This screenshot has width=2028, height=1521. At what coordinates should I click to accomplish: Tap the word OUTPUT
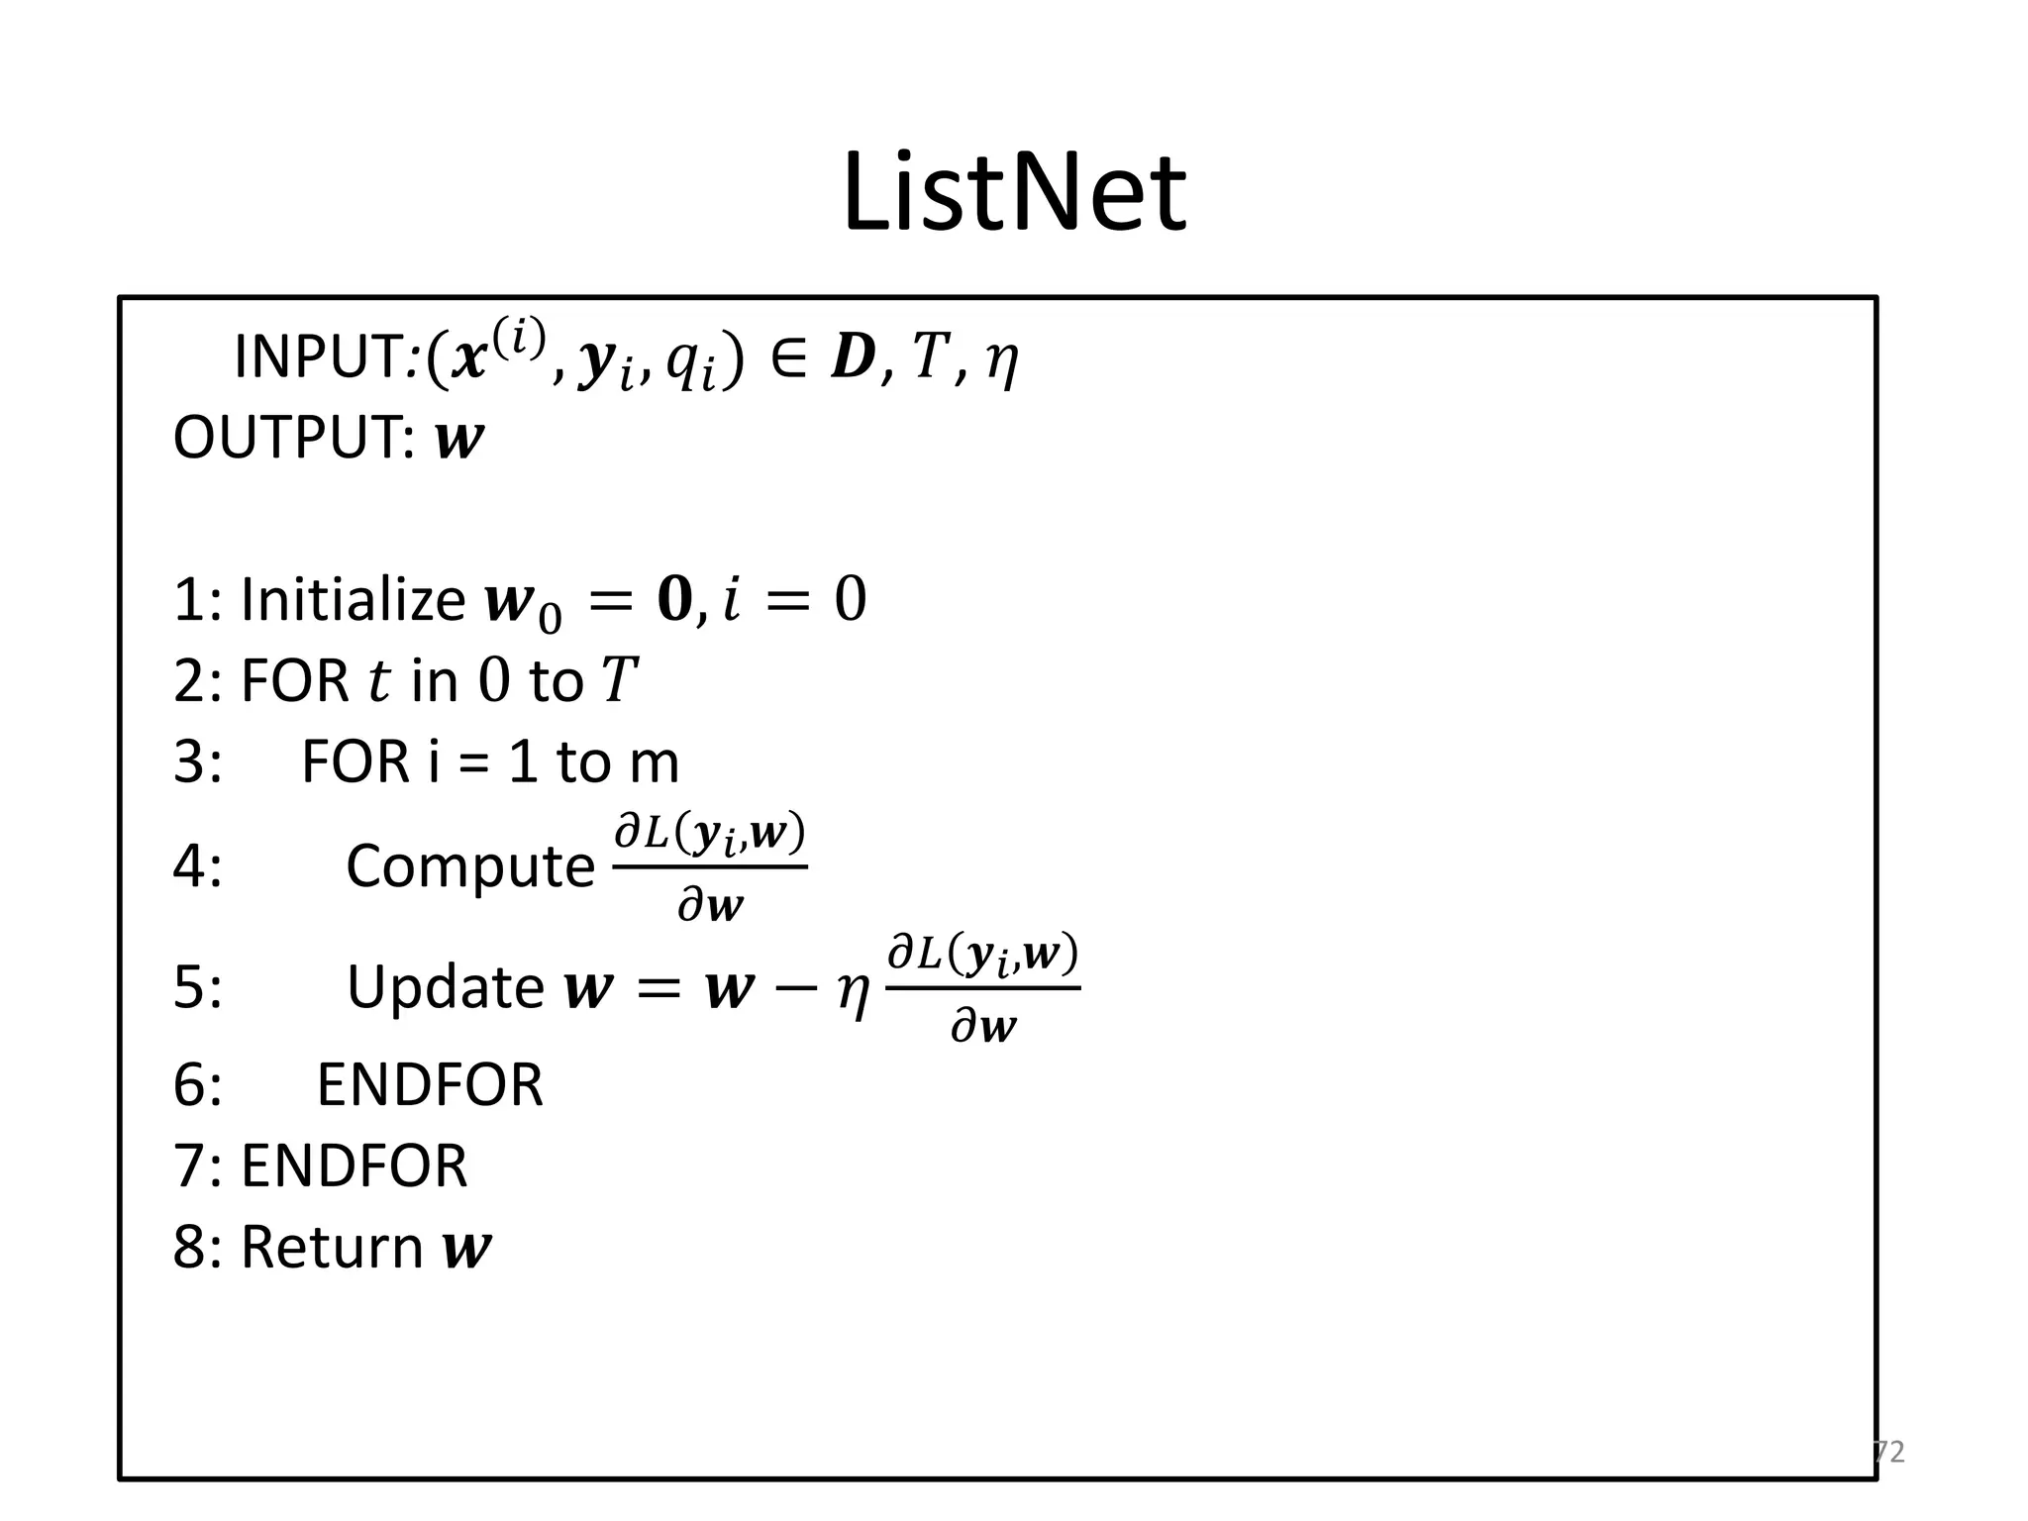(293, 438)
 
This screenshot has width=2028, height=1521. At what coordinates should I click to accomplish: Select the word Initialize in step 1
(353, 599)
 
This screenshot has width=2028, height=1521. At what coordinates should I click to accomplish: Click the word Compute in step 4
(469, 866)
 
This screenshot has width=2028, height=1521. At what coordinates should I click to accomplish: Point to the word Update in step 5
(445, 987)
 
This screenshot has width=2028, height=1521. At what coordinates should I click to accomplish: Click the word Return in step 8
(333, 1247)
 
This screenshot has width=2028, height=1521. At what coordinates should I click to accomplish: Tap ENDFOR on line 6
(430, 1084)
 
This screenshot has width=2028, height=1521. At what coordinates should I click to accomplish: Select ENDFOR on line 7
(354, 1166)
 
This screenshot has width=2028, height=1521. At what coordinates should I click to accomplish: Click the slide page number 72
(1889, 1452)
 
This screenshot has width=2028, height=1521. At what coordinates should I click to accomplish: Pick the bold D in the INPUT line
(853, 358)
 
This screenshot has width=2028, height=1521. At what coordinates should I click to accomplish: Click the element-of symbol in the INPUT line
(787, 358)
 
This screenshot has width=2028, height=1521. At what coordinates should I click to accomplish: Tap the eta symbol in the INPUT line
(1001, 362)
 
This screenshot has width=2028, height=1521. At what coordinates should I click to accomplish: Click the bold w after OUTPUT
(459, 440)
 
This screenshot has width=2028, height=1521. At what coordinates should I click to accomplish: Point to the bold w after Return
(466, 1248)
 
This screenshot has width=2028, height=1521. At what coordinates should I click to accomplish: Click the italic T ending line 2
(619, 681)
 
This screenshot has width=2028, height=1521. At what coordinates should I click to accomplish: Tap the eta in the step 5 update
(853, 992)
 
